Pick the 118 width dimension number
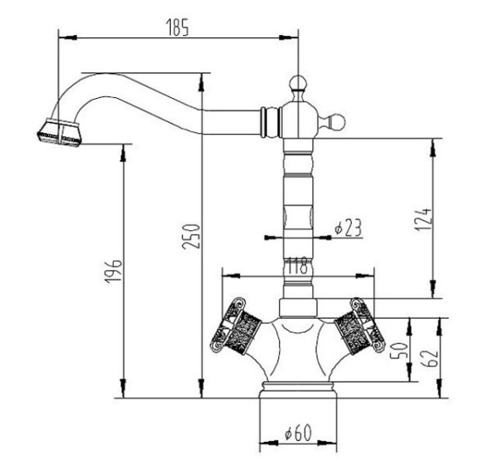pyautogui.click(x=297, y=266)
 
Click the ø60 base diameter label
pyautogui.click(x=297, y=433)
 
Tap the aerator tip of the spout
pyautogui.click(x=59, y=134)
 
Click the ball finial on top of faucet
pyautogui.click(x=298, y=82)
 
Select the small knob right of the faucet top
pyautogui.click(x=338, y=122)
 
